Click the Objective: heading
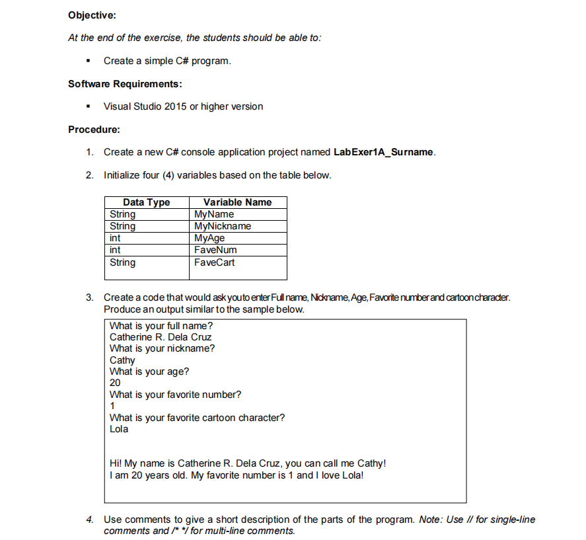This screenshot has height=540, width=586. point(92,15)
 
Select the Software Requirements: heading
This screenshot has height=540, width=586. point(125,84)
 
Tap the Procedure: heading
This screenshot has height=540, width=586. point(94,129)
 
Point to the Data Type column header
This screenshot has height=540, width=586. point(146,202)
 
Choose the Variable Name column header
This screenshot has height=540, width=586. point(237,202)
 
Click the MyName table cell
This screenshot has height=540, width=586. point(214,214)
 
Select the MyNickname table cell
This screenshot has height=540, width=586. point(223,226)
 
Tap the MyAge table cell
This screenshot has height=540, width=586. point(209,238)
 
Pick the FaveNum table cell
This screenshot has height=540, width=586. point(215,250)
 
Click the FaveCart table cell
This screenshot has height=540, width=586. point(214,262)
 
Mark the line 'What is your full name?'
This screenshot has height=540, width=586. point(161,326)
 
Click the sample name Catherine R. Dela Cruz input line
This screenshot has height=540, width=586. point(161,337)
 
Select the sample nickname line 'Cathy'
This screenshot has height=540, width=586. point(122,360)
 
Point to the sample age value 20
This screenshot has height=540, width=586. point(115,383)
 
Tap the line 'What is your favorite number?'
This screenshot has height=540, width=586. point(175,395)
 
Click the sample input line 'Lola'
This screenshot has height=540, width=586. point(119,429)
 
